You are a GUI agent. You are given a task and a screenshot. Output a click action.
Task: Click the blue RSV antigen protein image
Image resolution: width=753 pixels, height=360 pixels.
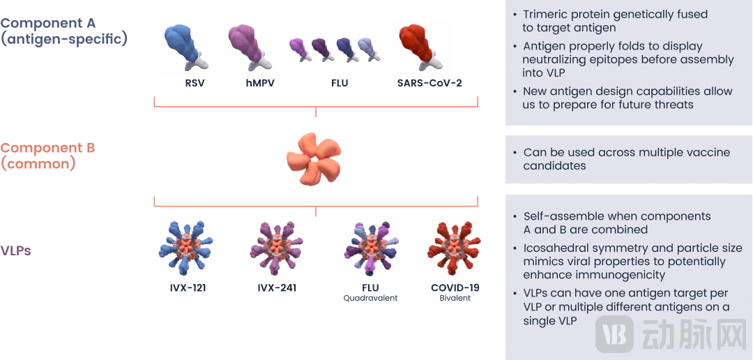[187, 47]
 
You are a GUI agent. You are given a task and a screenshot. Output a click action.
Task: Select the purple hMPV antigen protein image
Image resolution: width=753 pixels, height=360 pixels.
[252, 47]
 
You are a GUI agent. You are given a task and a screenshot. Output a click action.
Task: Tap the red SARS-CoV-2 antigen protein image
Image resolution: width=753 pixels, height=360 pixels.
[421, 47]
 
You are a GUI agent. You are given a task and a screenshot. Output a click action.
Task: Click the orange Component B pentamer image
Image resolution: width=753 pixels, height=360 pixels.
[314, 157]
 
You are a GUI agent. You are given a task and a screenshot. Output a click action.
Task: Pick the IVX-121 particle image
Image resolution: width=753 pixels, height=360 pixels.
[185, 248]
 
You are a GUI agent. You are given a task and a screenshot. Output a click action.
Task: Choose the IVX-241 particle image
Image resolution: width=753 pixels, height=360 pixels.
[277, 248]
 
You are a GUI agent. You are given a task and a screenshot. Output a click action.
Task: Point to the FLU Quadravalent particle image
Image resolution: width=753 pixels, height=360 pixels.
[371, 249]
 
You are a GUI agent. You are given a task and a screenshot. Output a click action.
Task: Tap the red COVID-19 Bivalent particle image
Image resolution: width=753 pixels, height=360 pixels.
[455, 248]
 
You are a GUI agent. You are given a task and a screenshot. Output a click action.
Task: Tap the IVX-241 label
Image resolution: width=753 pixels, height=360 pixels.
[277, 287]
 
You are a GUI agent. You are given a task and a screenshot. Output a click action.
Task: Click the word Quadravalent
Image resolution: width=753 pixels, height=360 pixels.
[370, 298]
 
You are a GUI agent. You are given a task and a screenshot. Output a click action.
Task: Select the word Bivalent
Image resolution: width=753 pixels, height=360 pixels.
[455, 298]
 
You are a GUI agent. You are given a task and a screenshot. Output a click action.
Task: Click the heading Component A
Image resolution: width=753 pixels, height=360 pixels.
[48, 23]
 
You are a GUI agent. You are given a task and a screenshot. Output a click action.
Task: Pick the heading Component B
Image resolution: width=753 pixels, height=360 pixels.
[48, 148]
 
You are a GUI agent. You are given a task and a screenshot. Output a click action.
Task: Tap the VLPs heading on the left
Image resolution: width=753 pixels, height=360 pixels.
[15, 250]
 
